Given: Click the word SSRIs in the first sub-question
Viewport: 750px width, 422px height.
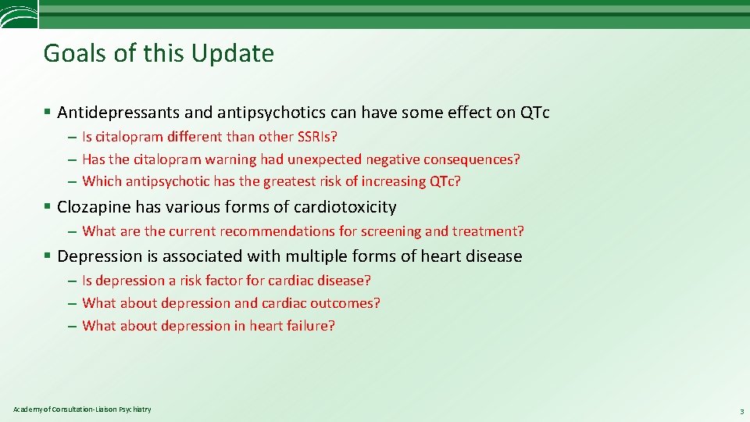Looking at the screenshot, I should (x=315, y=137).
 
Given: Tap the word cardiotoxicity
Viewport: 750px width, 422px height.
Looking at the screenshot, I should (x=345, y=207).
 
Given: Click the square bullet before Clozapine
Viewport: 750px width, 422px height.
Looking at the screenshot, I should (x=48, y=207).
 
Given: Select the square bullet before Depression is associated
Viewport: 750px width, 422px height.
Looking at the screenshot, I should (x=48, y=256).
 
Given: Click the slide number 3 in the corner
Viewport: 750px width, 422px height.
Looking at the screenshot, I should (x=741, y=411).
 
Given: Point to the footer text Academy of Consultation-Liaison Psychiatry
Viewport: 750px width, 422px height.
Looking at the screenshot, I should (x=82, y=409).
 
